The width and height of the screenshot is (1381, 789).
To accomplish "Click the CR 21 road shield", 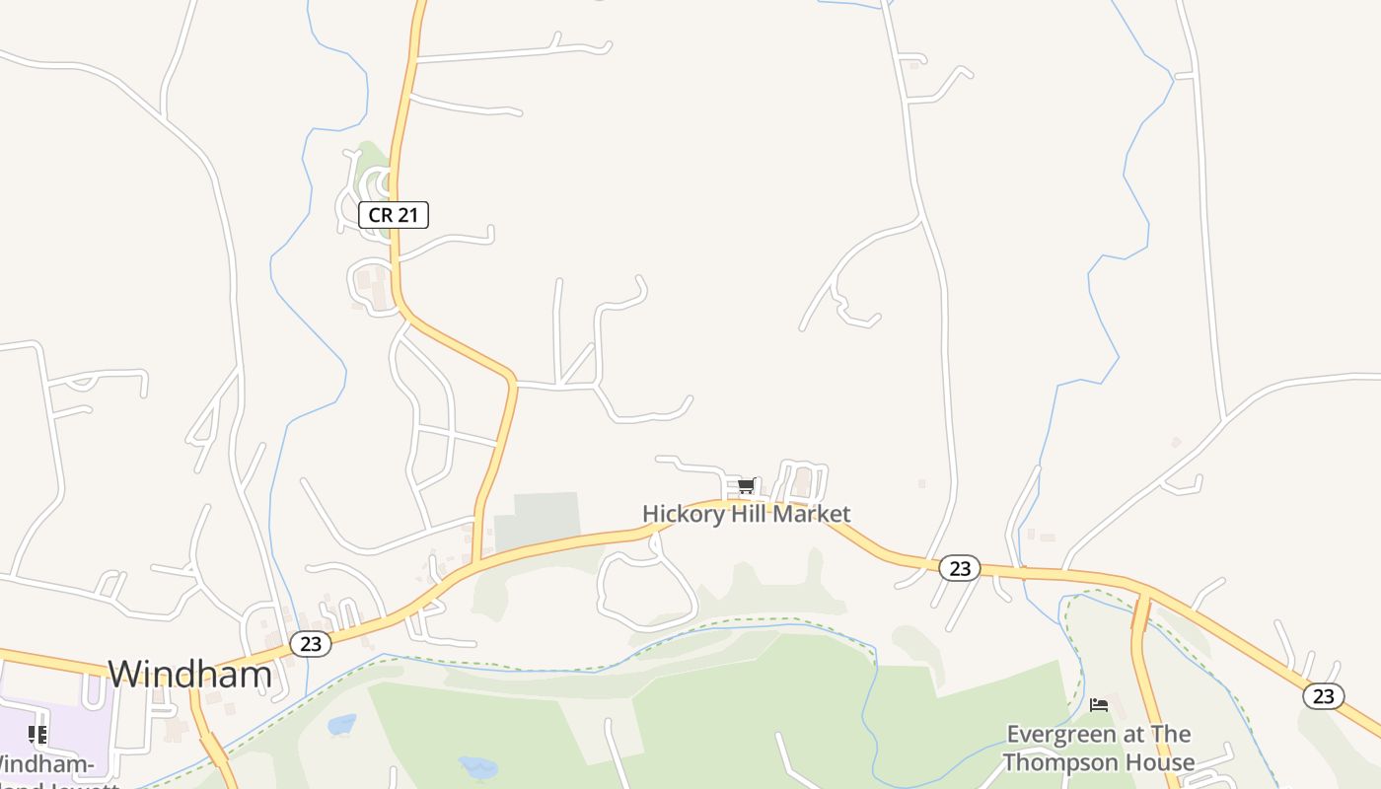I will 394,214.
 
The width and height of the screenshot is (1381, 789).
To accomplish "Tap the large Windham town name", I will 189,674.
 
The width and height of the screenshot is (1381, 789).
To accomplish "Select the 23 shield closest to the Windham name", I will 311,644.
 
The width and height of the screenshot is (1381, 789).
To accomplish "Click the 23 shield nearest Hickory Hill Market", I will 959,568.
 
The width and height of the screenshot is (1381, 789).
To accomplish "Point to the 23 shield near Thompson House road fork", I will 1323,696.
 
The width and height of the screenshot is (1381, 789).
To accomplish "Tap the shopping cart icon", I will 746,485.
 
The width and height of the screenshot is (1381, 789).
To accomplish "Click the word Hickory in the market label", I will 679,514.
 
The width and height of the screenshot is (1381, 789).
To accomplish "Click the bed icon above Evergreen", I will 1099,705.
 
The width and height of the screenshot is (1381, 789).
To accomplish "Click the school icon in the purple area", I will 37,734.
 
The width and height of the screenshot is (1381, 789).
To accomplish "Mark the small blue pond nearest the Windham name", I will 342,725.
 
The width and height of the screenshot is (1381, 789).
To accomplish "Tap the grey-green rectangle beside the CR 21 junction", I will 538,521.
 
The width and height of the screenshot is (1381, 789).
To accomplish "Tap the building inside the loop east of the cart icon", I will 804,482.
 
